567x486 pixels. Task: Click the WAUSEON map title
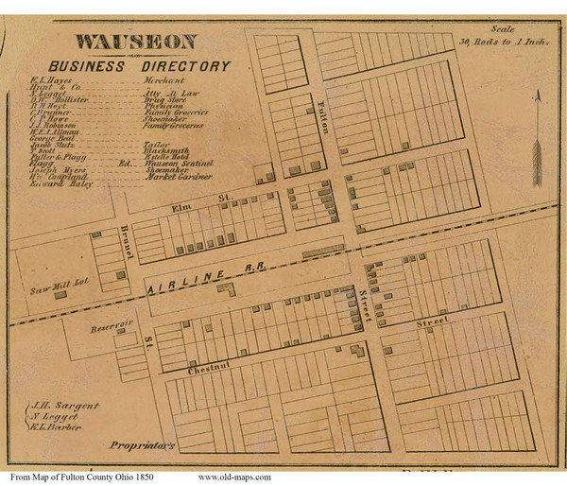136,42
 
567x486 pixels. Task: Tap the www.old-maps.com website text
234,477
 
